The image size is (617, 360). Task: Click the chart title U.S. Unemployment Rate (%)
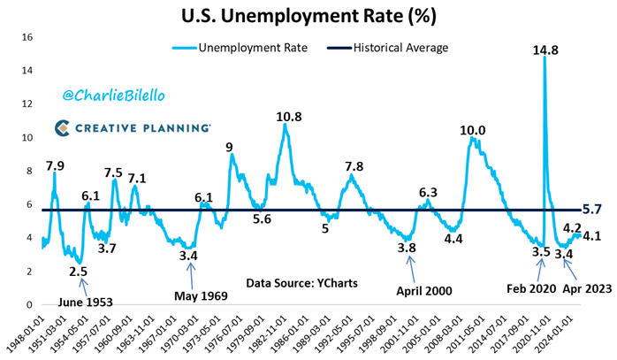coord(308,16)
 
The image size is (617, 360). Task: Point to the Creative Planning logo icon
coord(63,129)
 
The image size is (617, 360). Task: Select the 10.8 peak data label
coord(288,117)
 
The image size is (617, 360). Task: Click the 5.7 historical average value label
coord(593,209)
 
